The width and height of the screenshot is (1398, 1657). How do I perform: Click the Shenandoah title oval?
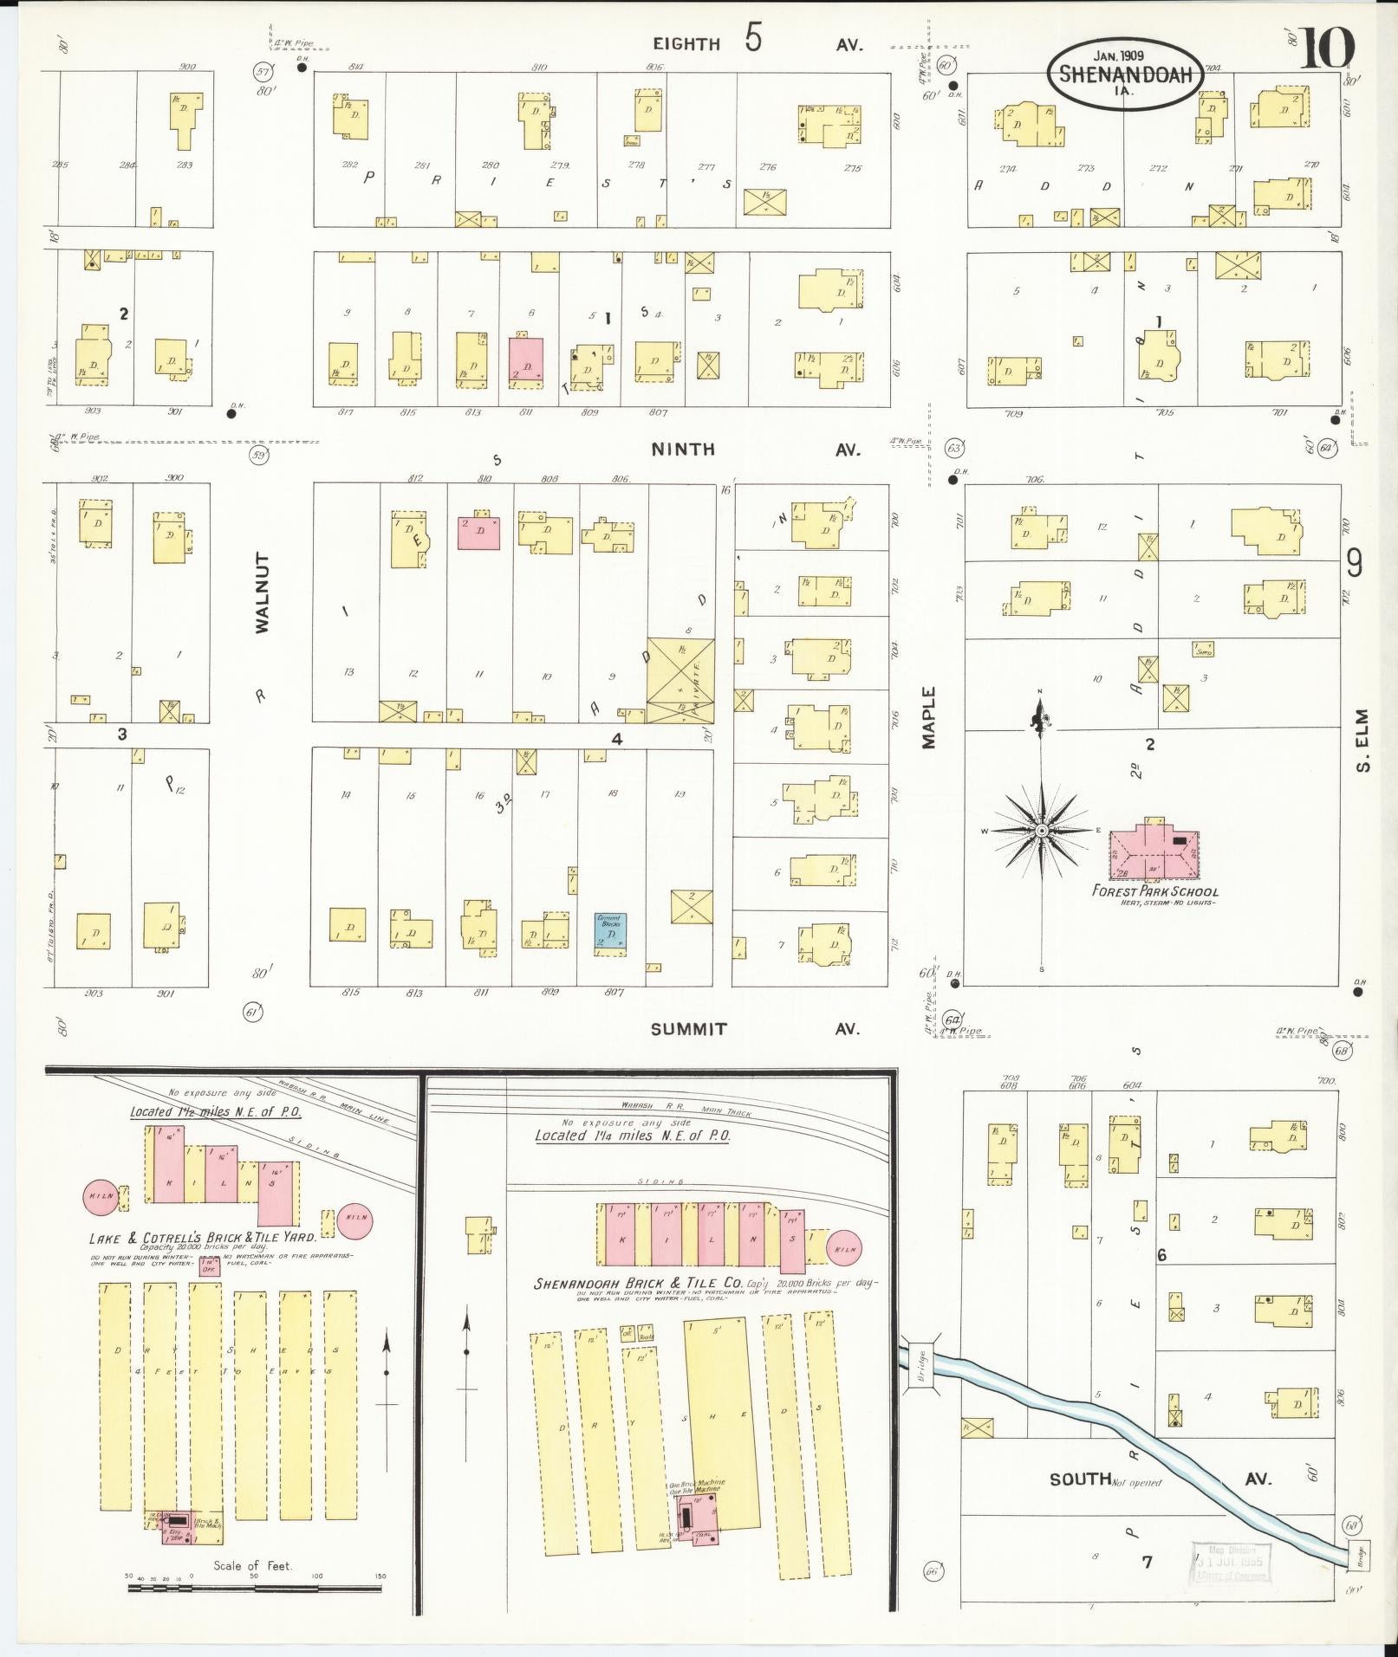1126,75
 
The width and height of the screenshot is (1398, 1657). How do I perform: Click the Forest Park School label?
1154,891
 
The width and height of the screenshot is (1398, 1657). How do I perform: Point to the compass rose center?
1041,831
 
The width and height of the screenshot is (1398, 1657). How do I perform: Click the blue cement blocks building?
611,934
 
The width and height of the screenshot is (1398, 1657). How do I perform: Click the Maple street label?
929,717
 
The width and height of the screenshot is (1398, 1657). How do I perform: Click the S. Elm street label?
1362,741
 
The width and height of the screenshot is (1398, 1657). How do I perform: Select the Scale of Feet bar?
256,1588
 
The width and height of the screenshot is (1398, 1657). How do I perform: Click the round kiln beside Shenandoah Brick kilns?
844,1250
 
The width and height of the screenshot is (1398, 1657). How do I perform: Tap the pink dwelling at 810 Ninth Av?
478,532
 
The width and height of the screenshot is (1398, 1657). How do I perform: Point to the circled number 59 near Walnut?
258,455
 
